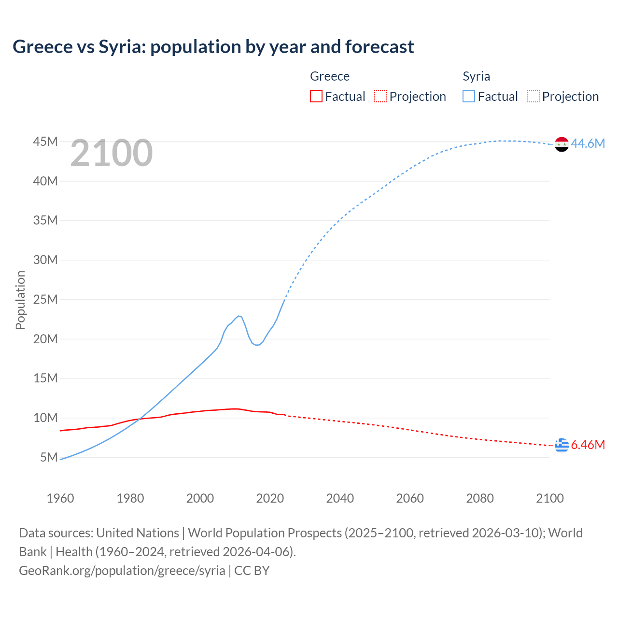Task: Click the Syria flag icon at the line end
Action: click(562, 144)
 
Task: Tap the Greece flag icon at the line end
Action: click(562, 445)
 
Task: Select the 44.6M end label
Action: click(588, 143)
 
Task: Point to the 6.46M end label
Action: click(588, 445)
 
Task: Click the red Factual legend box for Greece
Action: click(316, 96)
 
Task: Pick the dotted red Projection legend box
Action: click(380, 96)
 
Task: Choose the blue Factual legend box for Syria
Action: click(469, 96)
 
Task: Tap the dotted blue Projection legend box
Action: click(534, 96)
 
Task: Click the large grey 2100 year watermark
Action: click(112, 153)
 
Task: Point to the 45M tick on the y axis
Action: click(45, 141)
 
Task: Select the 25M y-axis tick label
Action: click(45, 299)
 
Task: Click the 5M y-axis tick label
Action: click(49, 457)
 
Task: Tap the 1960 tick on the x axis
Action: click(60, 498)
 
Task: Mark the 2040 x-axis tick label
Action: click(340, 498)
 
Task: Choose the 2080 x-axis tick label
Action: click(480, 498)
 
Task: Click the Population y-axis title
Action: click(20, 300)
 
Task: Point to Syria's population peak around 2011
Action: click(239, 316)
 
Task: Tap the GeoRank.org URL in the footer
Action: click(122, 570)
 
